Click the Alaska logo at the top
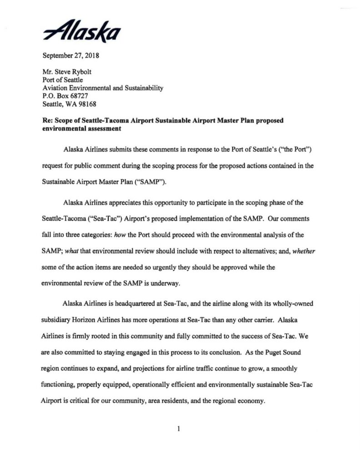click(82, 30)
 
